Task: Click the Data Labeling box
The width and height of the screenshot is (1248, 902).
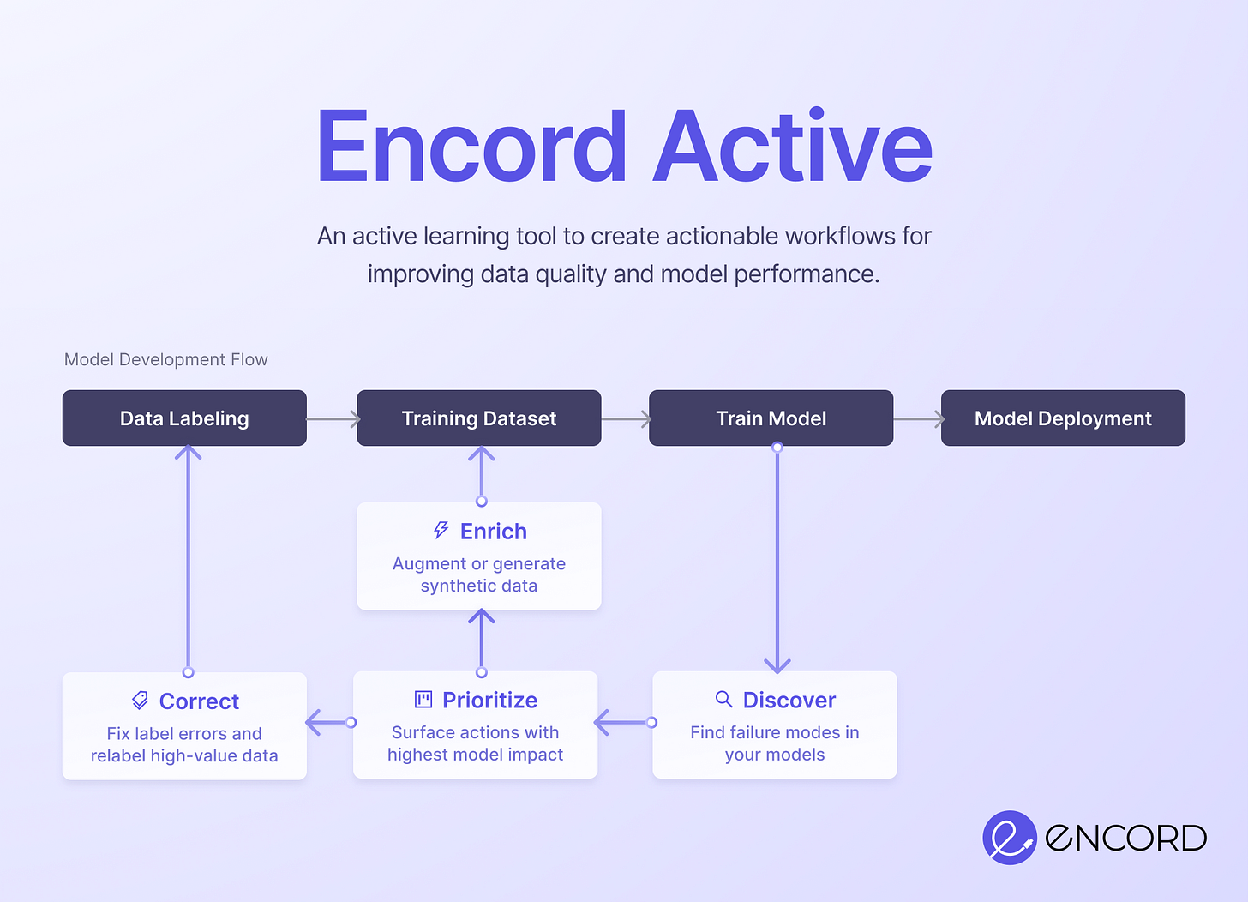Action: (x=184, y=418)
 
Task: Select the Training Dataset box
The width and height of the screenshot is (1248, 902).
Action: (x=478, y=418)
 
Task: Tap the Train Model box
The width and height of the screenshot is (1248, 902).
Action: (x=771, y=418)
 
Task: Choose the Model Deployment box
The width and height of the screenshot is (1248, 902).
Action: (x=1063, y=418)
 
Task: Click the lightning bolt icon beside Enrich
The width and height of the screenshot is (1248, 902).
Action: (x=441, y=531)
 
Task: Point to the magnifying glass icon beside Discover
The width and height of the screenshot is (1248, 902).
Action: (x=724, y=700)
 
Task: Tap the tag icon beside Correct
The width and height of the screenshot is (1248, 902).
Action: (x=141, y=701)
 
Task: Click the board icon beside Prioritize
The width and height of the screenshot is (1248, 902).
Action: (x=423, y=700)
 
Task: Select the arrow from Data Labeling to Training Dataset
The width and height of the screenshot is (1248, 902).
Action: (x=333, y=419)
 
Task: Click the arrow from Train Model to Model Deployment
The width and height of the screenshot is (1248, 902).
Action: (x=918, y=419)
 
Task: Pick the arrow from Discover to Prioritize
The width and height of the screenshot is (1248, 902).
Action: (x=624, y=723)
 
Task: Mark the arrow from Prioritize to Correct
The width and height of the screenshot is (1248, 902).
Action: (x=329, y=723)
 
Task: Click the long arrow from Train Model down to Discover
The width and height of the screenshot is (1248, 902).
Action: (x=777, y=557)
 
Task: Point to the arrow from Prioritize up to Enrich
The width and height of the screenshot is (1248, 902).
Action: (x=482, y=640)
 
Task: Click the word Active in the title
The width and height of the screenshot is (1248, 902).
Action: (x=793, y=147)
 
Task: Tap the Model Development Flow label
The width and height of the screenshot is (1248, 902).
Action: (x=166, y=359)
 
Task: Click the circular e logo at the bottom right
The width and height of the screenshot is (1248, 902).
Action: (x=1009, y=837)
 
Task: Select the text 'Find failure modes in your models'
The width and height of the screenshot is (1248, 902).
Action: (x=775, y=743)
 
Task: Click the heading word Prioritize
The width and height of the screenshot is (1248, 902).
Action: (x=489, y=701)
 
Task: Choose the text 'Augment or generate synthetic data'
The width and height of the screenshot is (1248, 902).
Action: (x=479, y=574)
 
